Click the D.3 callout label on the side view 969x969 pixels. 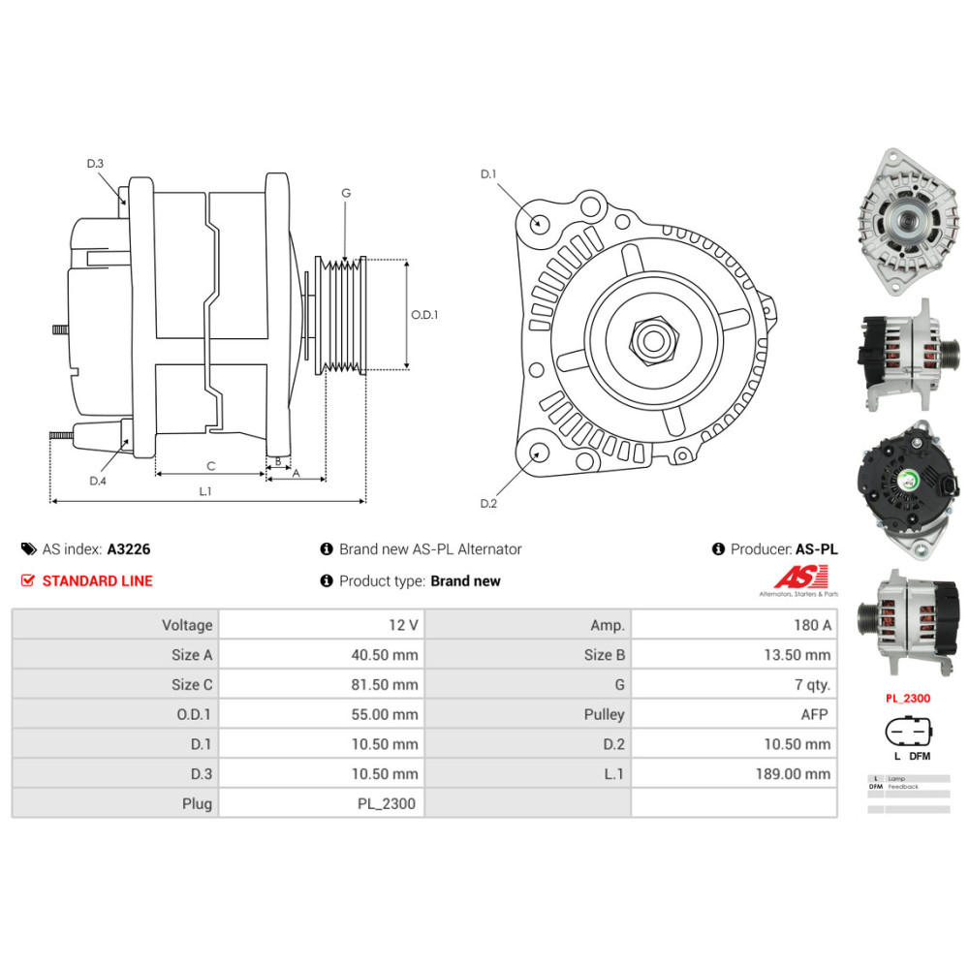tap(95, 164)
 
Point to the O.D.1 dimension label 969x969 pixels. tap(424, 315)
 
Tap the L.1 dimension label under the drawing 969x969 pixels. tap(205, 491)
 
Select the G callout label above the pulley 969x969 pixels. tap(345, 193)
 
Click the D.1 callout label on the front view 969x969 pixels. tap(488, 174)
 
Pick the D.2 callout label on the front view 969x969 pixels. tap(488, 503)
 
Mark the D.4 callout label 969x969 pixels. tap(97, 482)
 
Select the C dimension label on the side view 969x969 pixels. tap(210, 466)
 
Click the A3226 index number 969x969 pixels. tap(128, 548)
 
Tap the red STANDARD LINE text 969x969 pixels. tap(97, 581)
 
